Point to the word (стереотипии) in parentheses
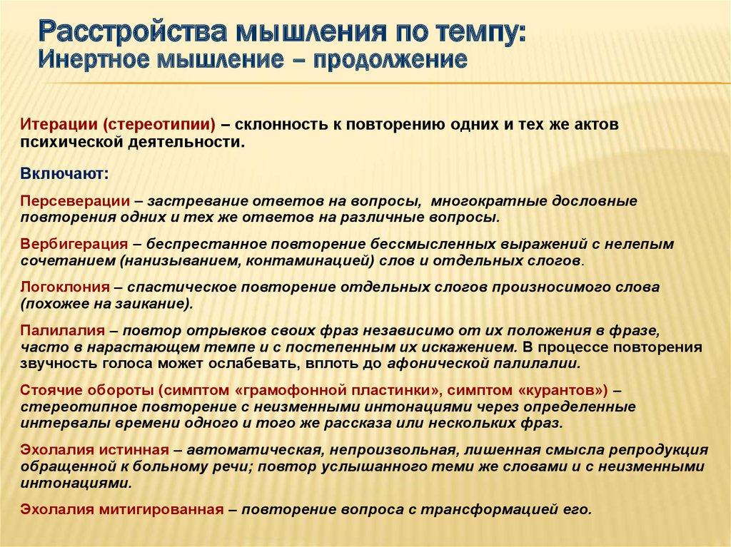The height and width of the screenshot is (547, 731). [159, 125]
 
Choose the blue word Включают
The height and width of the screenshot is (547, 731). [64, 174]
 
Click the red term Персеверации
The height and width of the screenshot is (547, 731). [75, 201]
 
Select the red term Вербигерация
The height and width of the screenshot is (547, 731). [74, 244]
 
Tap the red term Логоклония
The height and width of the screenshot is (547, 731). [65, 287]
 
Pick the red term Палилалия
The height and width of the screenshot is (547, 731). [63, 331]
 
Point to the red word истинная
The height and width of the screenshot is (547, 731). [134, 449]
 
